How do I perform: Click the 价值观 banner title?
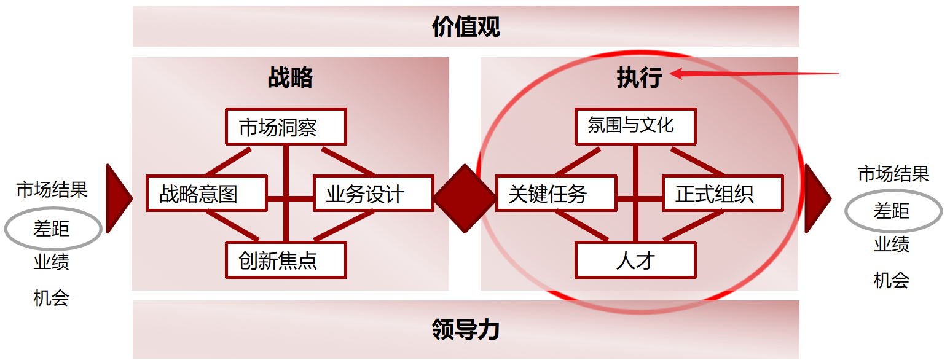click(x=466, y=27)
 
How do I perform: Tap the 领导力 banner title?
click(x=466, y=330)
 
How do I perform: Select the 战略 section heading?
click(x=290, y=78)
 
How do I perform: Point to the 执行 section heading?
click(x=639, y=78)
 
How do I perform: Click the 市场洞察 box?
click(x=286, y=127)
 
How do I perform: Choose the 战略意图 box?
click(x=206, y=194)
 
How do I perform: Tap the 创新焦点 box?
click(x=286, y=260)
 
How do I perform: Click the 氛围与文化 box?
click(x=635, y=127)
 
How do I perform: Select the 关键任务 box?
click(x=555, y=194)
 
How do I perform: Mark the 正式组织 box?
click(x=722, y=194)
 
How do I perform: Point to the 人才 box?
click(x=635, y=260)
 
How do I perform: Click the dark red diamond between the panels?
click(x=465, y=198)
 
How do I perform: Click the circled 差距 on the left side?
click(x=52, y=229)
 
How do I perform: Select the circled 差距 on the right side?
click(x=892, y=211)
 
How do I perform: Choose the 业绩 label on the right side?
click(x=892, y=245)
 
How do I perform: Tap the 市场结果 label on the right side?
click(x=893, y=174)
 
